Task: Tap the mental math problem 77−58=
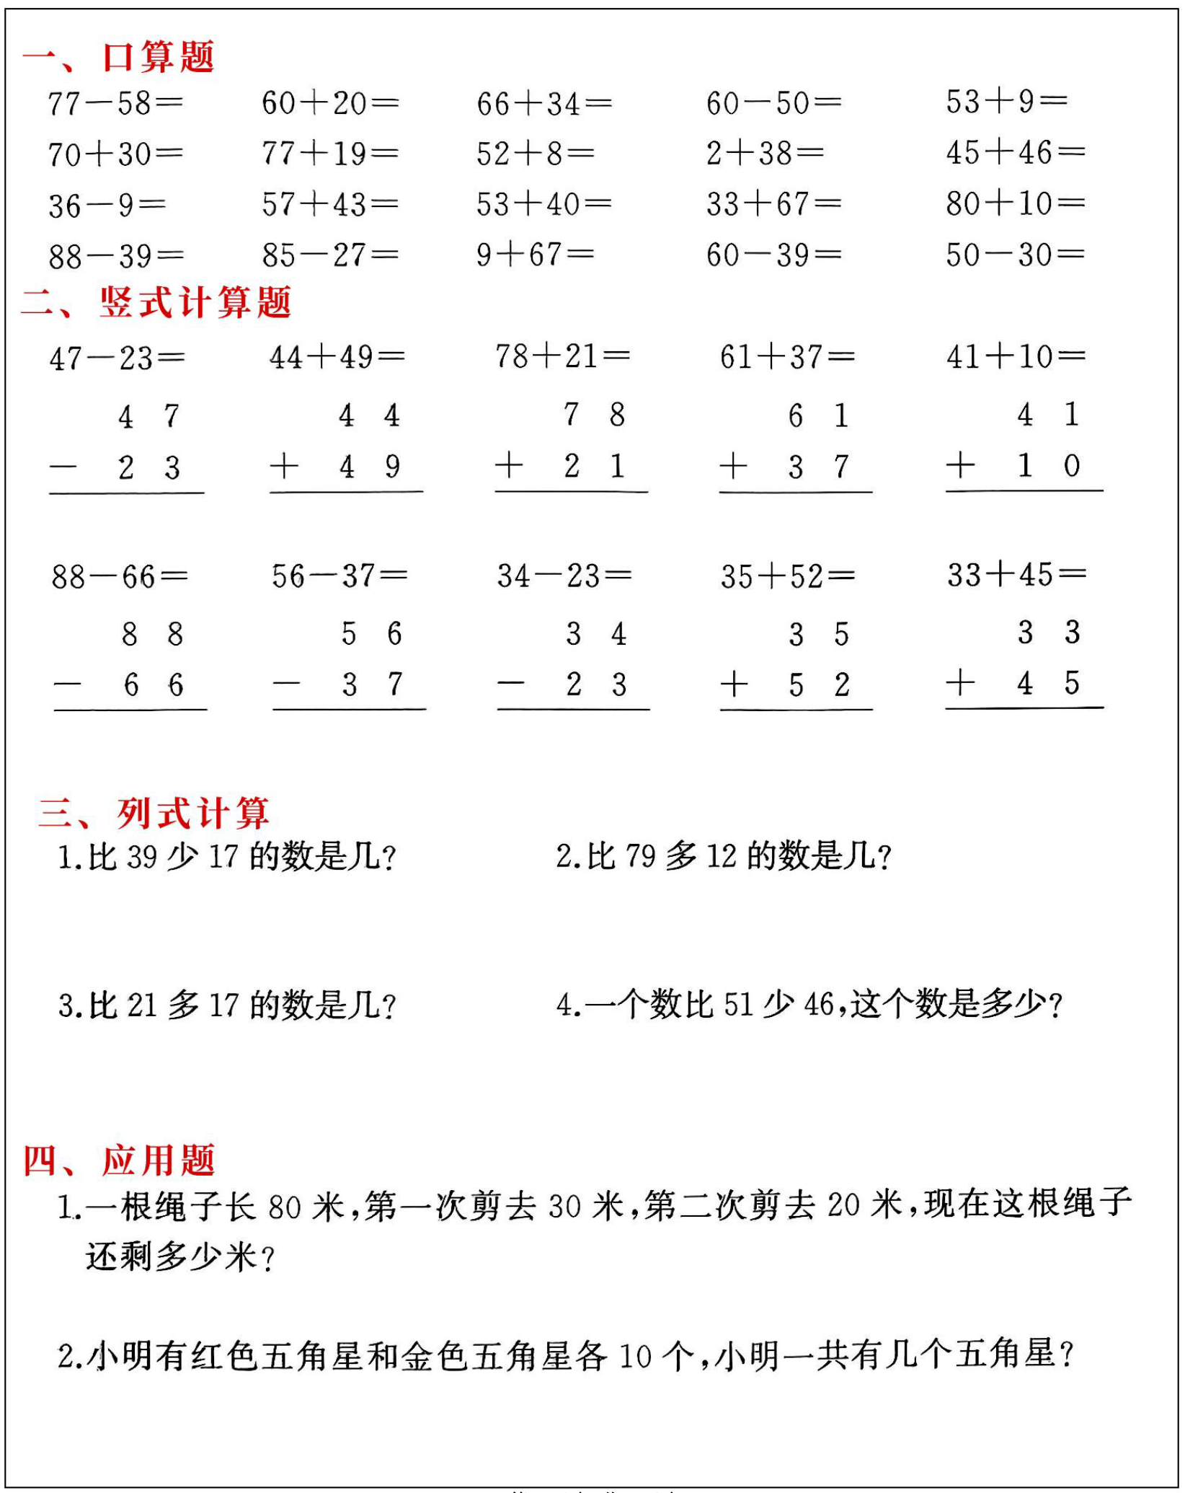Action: coord(115,103)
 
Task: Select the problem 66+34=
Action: coord(544,103)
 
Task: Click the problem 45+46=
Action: coord(1015,152)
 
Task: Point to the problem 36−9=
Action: coord(107,206)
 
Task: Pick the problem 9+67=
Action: coord(535,255)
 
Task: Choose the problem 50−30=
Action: coord(1015,255)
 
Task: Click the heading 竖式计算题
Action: coord(195,302)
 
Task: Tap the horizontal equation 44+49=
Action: coord(337,357)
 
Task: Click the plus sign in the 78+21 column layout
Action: coord(509,465)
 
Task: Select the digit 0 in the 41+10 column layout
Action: coord(1072,465)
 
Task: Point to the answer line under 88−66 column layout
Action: coord(130,710)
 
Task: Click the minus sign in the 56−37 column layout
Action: coord(286,683)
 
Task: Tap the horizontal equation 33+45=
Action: coord(1016,575)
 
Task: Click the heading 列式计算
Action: coord(192,813)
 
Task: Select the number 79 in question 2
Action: coord(640,857)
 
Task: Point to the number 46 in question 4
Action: coord(819,1005)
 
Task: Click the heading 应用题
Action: coord(158,1161)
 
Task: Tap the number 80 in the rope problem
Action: coord(284,1207)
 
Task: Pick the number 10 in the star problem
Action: coord(635,1357)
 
